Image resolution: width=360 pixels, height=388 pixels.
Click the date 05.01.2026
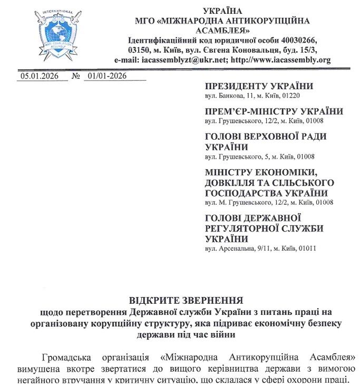pos(36,76)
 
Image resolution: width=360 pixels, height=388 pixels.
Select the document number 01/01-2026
pos(108,76)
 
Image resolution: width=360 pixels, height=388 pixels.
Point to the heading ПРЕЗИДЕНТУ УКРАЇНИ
pos(259,86)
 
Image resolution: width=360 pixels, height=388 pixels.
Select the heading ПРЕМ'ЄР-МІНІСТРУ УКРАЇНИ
pos(274,112)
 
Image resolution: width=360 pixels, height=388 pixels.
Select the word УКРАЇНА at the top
pos(222,11)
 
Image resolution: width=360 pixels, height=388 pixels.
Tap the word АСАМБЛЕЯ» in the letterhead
pos(222,31)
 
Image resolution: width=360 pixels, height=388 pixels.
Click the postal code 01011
pos(307,248)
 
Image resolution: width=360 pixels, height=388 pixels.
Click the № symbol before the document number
pos(76,76)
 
